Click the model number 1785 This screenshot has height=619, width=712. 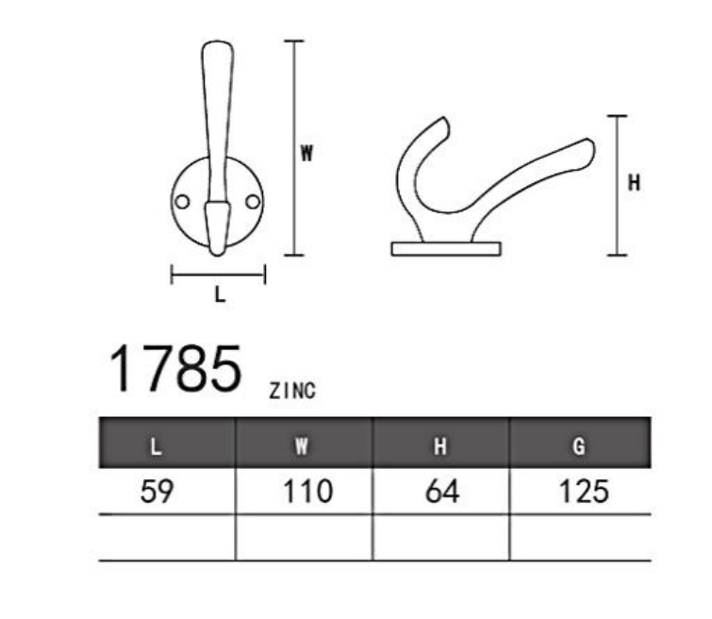(175, 368)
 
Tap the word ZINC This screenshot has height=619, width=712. (292, 391)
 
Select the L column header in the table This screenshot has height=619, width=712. (156, 446)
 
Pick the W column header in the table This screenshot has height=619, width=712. (302, 446)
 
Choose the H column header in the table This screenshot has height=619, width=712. (440, 446)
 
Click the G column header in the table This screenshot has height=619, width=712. (578, 446)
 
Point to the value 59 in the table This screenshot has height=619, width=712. (157, 492)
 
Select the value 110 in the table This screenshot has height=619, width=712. (307, 492)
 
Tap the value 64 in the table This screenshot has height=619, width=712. (442, 492)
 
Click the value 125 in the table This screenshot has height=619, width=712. (584, 492)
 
